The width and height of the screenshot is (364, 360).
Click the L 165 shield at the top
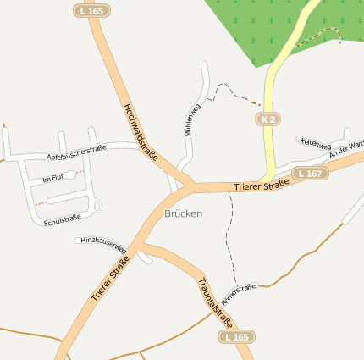[x=91, y=11]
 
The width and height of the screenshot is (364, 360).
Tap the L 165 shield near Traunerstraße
[x=237, y=337]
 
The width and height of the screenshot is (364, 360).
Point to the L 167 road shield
[x=310, y=174]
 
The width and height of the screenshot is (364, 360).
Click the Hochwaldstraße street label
[x=141, y=132]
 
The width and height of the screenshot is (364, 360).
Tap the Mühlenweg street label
[x=191, y=120]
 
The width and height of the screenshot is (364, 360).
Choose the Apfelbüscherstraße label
[x=76, y=152]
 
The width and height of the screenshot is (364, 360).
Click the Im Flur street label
[x=52, y=179]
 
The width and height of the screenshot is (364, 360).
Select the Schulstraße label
[x=62, y=219]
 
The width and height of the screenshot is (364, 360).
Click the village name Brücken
[x=184, y=213]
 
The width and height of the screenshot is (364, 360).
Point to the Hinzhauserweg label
[x=103, y=246]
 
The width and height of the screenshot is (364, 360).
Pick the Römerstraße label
[x=238, y=294]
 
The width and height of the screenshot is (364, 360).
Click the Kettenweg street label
[x=314, y=144]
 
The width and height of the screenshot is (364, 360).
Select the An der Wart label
[x=346, y=150]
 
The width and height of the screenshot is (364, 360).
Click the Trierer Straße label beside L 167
[x=262, y=183]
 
